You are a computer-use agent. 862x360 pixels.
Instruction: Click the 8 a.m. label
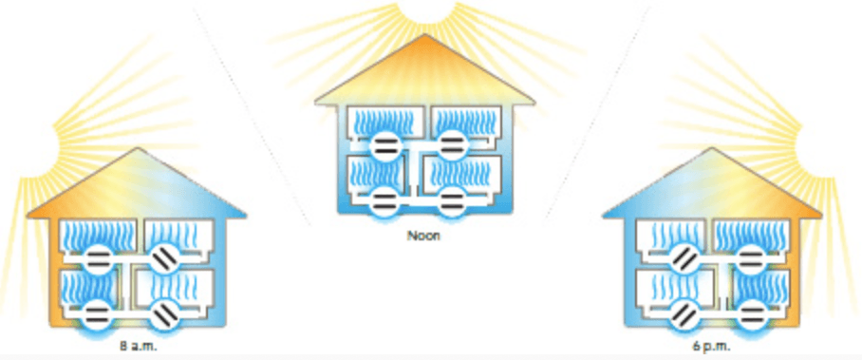click(134, 347)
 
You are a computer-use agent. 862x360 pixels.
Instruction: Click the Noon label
click(423, 235)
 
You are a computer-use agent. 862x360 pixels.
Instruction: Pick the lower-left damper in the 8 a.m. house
click(98, 314)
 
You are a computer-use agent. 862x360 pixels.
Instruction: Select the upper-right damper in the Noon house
click(453, 145)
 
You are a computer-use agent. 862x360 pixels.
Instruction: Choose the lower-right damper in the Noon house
click(453, 201)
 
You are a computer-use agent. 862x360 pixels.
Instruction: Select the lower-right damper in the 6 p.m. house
click(752, 314)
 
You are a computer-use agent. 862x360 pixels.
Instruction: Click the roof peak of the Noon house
click(423, 35)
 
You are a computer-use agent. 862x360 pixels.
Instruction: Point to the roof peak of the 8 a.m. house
click(137, 147)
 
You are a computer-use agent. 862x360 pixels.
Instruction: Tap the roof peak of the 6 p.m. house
click(712, 147)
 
